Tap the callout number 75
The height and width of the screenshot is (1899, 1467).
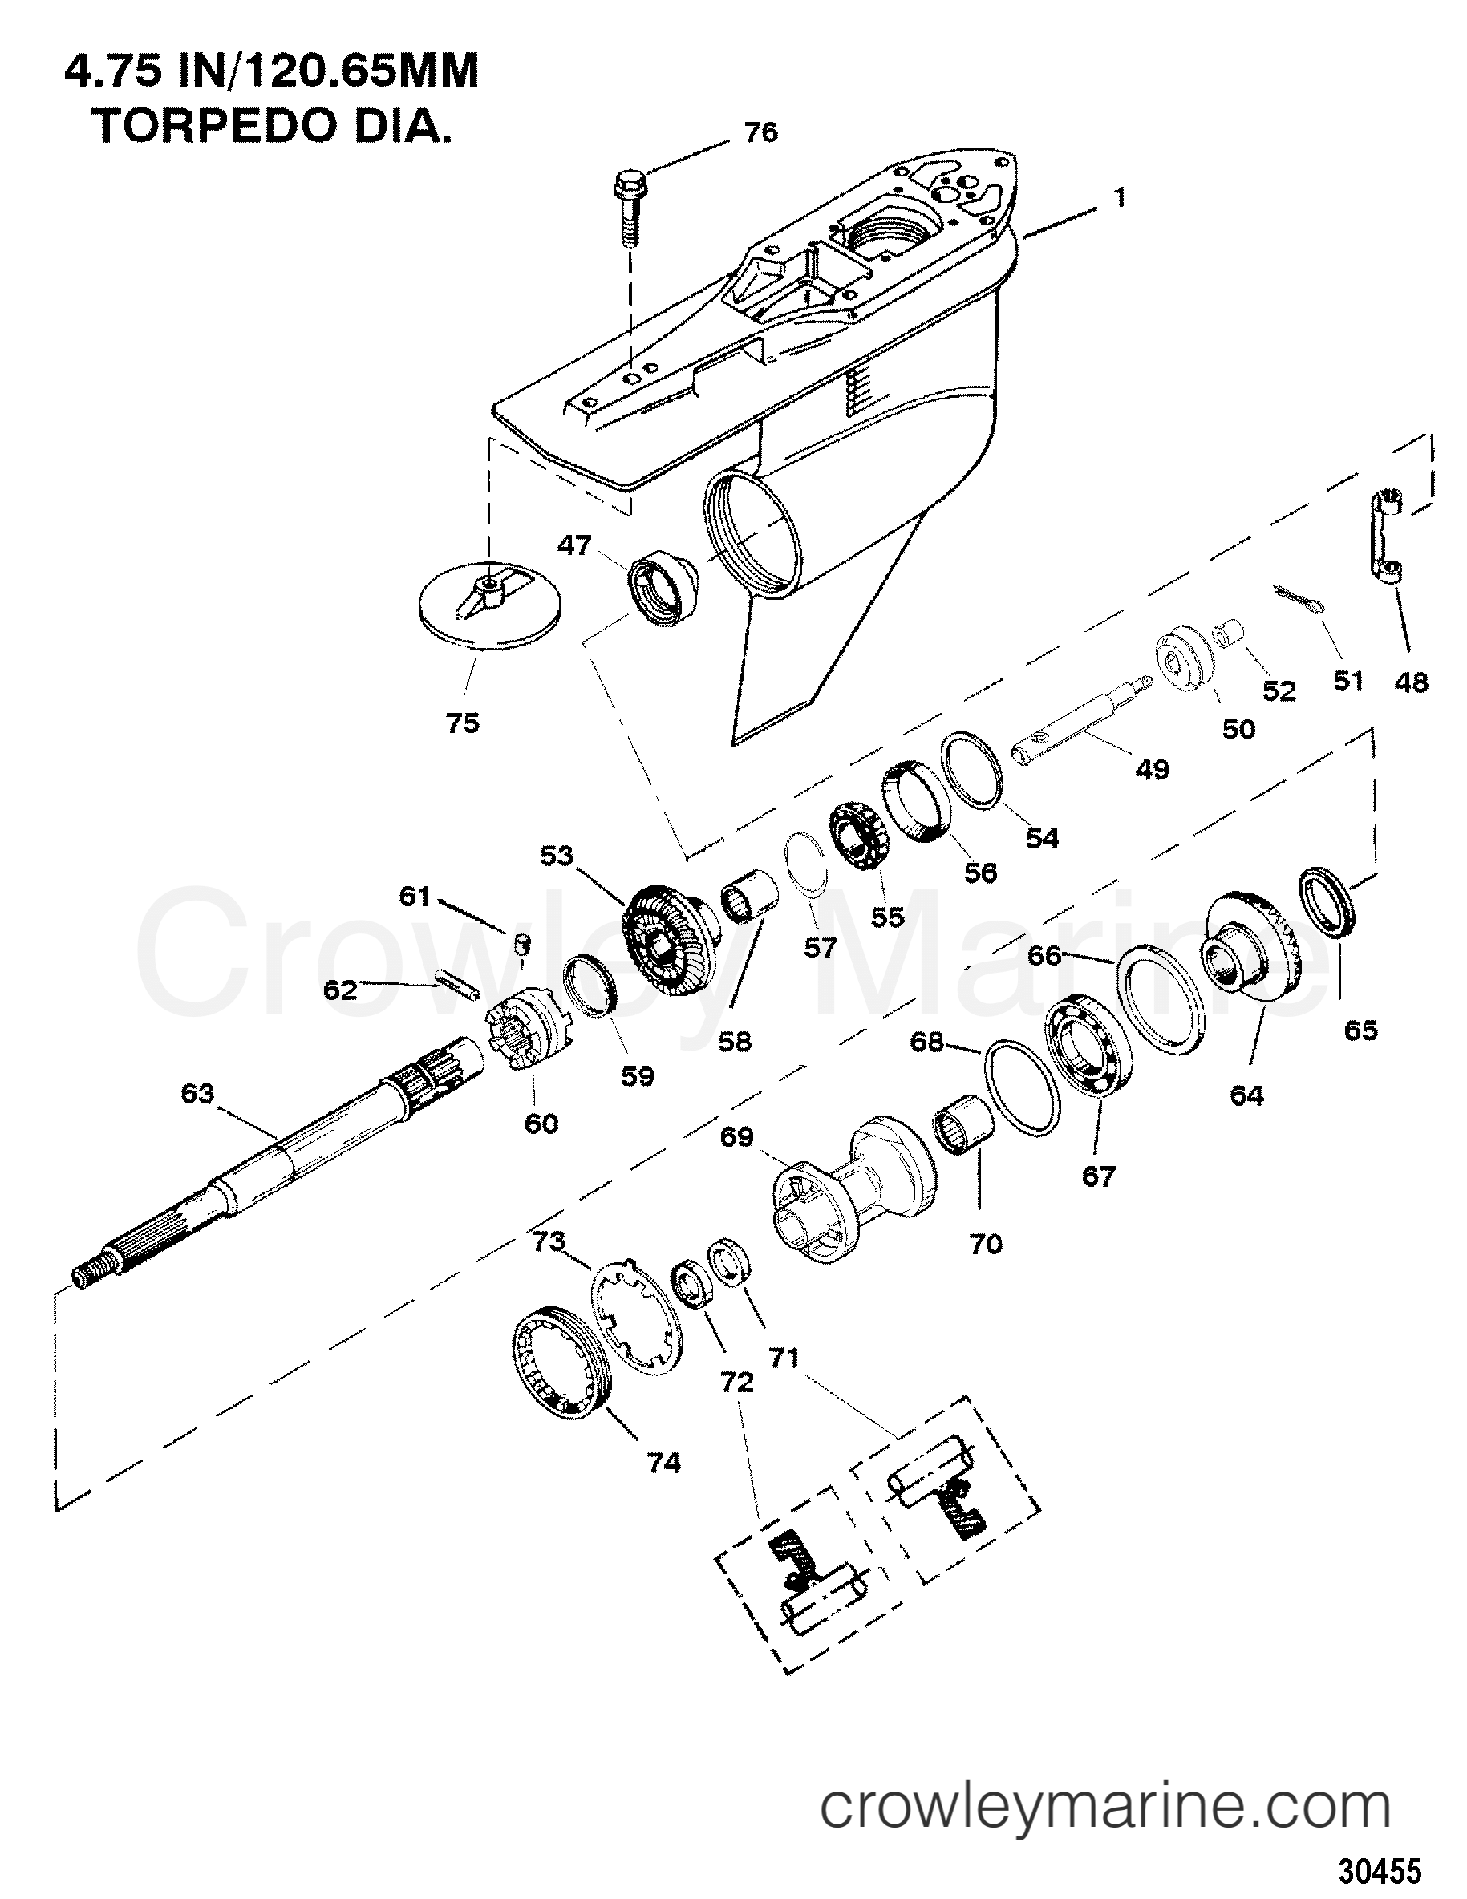(x=463, y=723)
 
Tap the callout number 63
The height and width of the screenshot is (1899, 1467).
(x=197, y=1093)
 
